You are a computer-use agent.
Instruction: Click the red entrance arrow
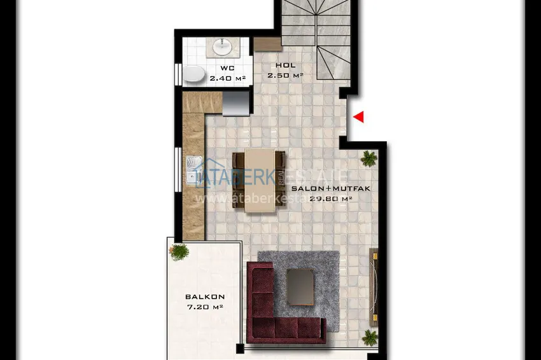(x=359, y=117)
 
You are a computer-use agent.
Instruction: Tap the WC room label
(x=227, y=68)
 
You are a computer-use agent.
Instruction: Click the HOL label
(x=286, y=66)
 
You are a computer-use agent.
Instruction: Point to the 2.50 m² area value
(x=286, y=75)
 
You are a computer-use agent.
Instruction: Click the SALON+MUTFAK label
(x=322, y=189)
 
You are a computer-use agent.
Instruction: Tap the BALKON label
(x=205, y=297)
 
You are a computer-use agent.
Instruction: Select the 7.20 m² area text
(x=205, y=307)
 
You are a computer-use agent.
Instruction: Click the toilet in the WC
(x=194, y=75)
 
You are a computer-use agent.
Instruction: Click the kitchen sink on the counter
(x=192, y=171)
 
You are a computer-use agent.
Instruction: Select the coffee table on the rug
(x=300, y=286)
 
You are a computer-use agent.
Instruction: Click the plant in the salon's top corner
(x=369, y=158)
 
